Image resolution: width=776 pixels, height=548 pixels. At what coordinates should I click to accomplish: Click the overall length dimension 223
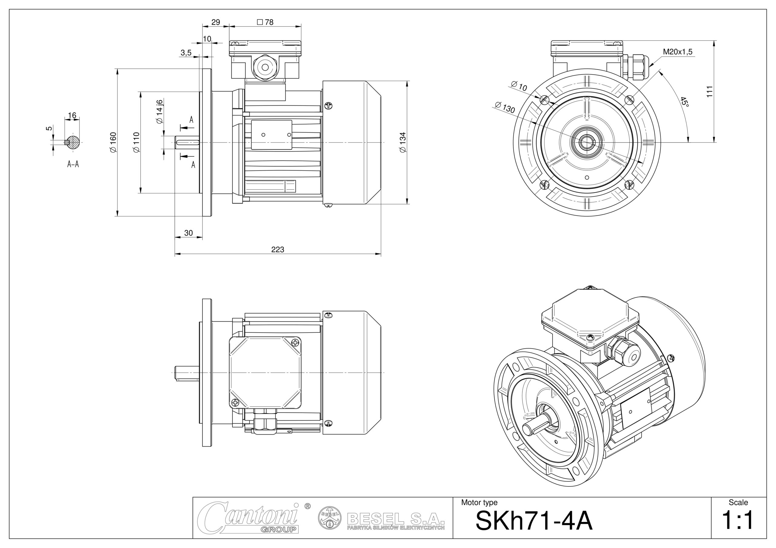[277, 249]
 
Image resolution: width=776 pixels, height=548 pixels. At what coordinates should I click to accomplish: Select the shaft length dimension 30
[188, 233]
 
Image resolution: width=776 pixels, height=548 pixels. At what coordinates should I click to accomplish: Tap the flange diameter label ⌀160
[113, 142]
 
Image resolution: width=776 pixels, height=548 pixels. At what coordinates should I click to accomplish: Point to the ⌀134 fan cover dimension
[403, 142]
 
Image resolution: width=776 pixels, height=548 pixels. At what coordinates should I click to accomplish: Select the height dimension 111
[709, 92]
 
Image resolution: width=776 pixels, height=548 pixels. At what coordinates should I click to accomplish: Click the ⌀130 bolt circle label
[505, 107]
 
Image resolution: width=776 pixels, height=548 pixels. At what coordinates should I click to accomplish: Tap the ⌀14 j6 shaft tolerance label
[159, 112]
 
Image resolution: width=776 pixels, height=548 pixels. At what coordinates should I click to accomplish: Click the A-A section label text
[73, 164]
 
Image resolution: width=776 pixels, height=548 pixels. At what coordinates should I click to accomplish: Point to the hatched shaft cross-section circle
[73, 142]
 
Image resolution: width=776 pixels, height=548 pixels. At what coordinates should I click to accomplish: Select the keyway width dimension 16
[72, 115]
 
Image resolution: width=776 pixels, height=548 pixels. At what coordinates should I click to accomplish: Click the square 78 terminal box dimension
[265, 22]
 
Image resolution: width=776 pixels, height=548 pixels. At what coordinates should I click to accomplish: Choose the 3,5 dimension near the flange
[186, 52]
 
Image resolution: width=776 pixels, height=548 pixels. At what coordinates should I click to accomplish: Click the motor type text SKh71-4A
[534, 521]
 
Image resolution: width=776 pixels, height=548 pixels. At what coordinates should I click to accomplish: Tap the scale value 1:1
[738, 520]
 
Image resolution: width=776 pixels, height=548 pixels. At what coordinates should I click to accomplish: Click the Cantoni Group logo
[249, 518]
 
